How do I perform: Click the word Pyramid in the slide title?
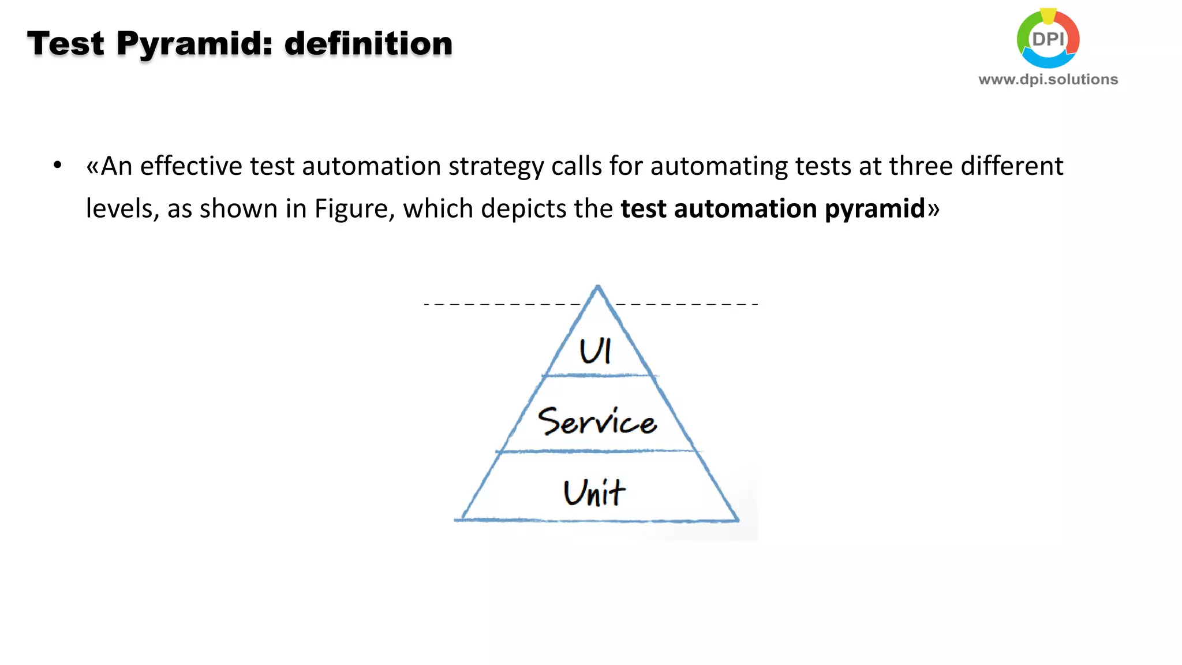(194, 44)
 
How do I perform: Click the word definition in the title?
(368, 44)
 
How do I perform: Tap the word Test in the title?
(66, 44)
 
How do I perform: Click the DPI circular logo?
(1048, 39)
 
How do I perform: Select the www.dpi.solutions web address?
(1048, 79)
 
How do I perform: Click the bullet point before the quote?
(57, 166)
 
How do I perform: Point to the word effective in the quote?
(191, 166)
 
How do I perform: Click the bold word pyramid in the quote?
(874, 209)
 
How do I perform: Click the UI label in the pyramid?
(595, 350)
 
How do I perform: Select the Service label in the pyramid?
(597, 421)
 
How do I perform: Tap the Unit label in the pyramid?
(594, 493)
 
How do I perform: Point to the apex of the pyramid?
(598, 287)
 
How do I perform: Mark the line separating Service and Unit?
(597, 451)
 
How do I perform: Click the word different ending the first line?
(1012, 166)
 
